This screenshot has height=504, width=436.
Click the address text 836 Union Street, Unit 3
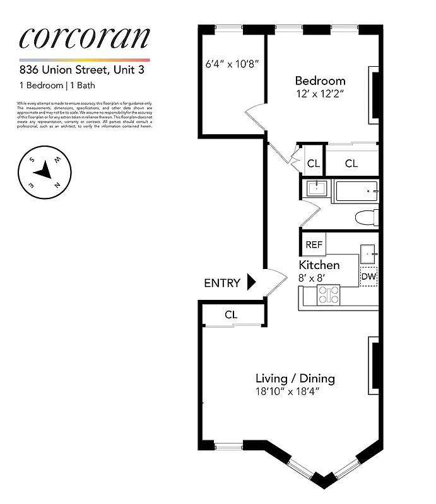click(81, 70)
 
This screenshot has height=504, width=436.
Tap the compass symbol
click(45, 170)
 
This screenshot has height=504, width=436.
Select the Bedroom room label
click(320, 81)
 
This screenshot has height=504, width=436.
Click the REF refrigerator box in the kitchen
click(313, 244)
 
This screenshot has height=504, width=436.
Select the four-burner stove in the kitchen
click(328, 295)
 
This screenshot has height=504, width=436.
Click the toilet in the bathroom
click(367, 218)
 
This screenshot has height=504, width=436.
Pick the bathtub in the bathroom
click(356, 190)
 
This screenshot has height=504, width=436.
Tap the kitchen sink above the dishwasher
click(368, 255)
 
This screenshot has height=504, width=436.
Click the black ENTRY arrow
click(250, 282)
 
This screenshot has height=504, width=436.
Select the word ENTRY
click(221, 283)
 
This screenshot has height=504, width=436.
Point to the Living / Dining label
click(295, 379)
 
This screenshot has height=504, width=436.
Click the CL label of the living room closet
click(231, 314)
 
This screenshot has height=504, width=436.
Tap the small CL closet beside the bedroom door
click(314, 164)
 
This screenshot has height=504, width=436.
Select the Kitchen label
click(319, 265)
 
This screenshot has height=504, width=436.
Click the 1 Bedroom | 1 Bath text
click(57, 86)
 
